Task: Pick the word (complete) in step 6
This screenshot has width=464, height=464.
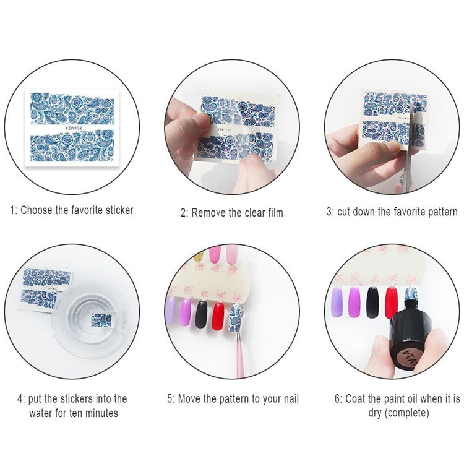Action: [407, 413]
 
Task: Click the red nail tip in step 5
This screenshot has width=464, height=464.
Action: [218, 316]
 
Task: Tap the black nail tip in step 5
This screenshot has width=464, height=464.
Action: [201, 314]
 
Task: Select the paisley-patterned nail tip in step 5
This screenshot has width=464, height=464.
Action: [236, 318]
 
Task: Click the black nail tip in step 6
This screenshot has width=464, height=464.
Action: [372, 303]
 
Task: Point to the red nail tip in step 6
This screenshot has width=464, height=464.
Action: [391, 303]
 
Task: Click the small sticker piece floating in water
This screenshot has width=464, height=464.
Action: [101, 320]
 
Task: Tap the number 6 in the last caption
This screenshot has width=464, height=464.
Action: [337, 398]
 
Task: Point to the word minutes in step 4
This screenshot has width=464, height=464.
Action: [102, 413]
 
